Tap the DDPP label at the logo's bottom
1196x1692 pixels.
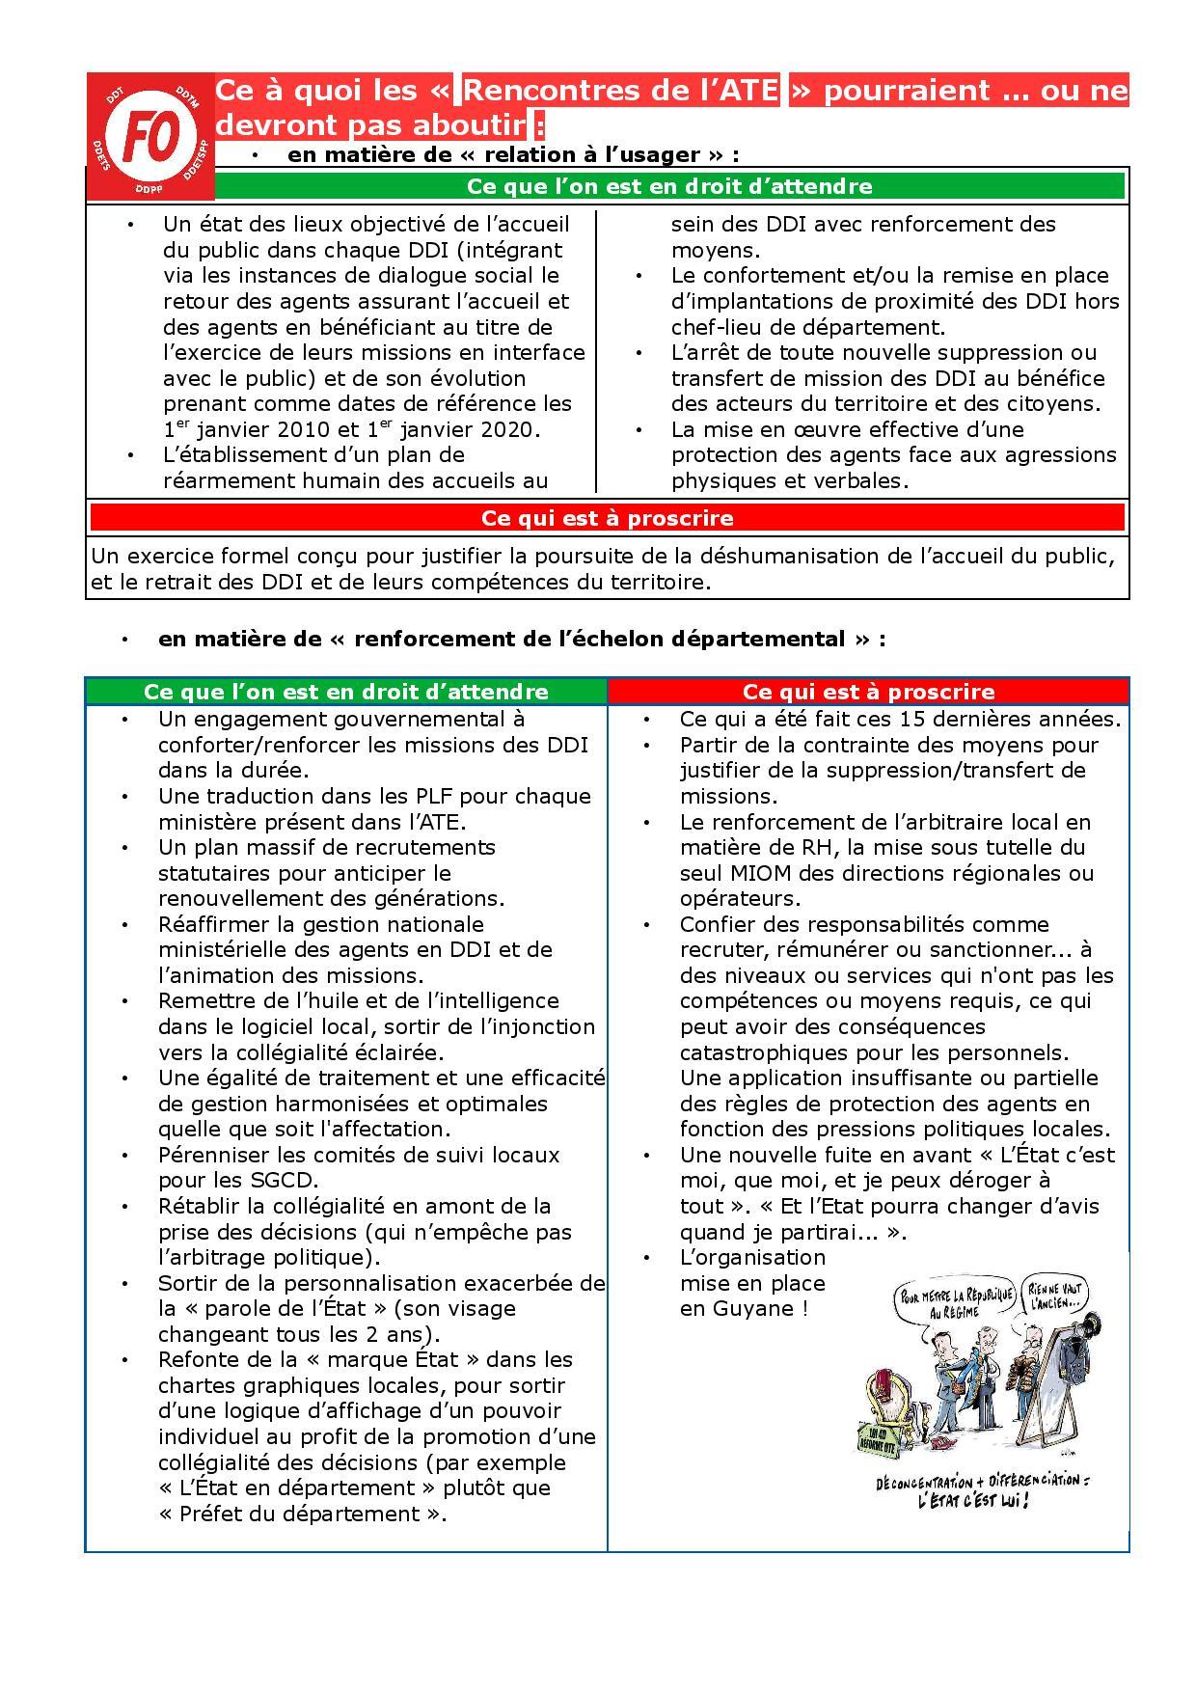pos(149,188)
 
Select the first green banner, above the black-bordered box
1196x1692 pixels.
pos(669,186)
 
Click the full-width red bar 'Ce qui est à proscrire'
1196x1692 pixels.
pos(607,518)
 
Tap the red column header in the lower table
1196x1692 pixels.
pos(868,692)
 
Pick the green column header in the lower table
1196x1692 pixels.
pos(345,692)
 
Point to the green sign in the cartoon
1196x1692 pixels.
pos(877,1437)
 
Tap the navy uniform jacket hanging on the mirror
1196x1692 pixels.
pos(1066,1370)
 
